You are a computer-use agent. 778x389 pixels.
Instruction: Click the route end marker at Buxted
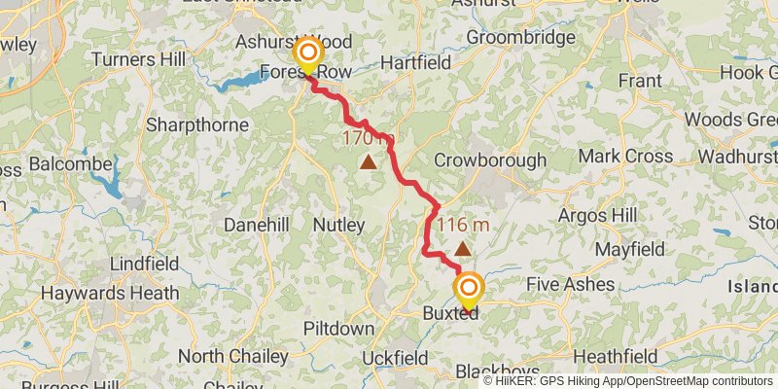coord(469,289)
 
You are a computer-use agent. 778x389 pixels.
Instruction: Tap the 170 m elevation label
coord(368,139)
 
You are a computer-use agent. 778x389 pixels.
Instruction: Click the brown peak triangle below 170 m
coord(368,161)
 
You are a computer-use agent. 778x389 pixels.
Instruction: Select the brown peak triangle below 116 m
coord(462,249)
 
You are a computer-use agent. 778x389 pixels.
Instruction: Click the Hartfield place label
coord(416,61)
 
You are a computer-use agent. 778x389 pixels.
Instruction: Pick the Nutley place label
coord(338,225)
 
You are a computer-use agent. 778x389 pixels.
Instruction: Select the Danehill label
coord(257,225)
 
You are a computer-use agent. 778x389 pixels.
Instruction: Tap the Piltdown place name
coord(338,329)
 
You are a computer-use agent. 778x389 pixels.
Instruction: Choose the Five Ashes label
coord(570,284)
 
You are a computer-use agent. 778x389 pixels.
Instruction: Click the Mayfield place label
coord(629,249)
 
